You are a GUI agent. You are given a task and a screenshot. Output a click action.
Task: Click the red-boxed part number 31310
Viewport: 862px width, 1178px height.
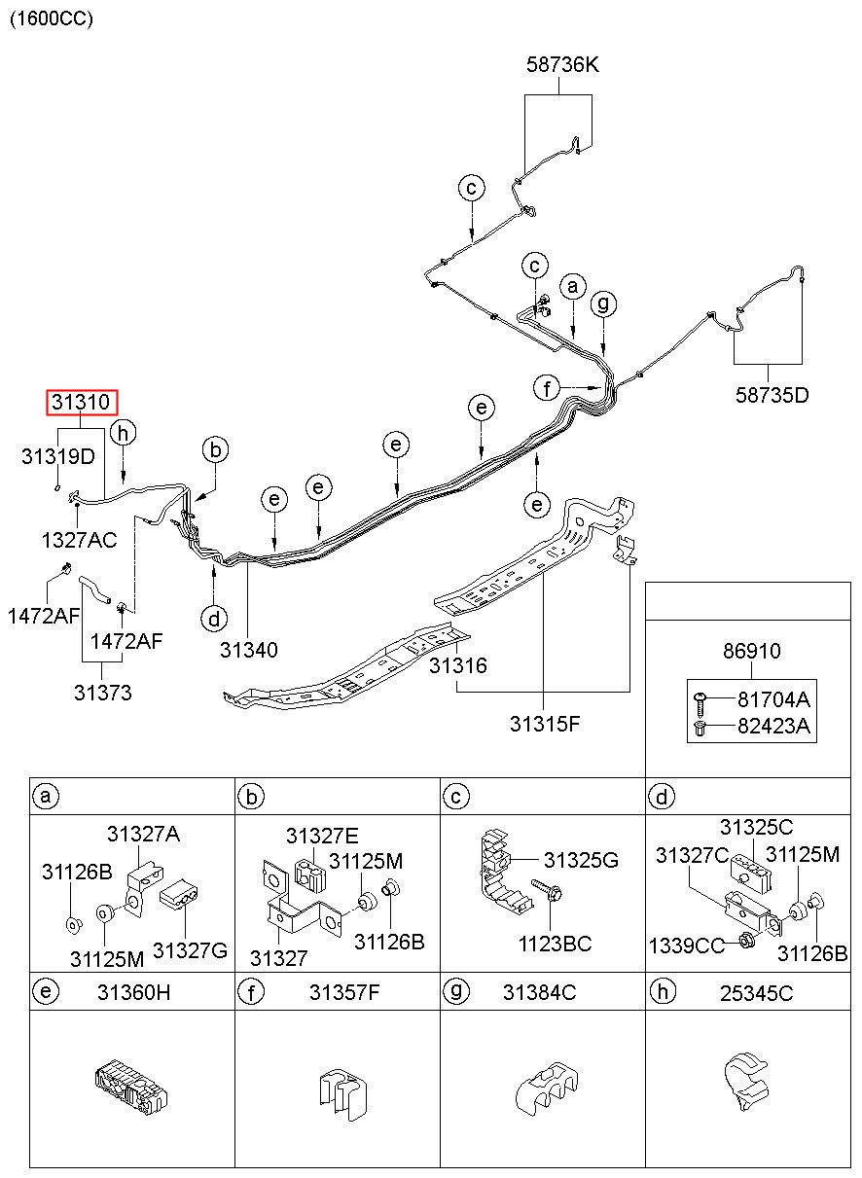coord(81,403)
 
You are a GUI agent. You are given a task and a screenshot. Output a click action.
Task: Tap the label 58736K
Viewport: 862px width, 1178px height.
coord(562,64)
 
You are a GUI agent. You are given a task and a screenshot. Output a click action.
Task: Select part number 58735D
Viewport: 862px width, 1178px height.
coord(772,395)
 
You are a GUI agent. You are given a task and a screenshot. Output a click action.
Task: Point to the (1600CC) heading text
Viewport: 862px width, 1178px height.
coord(52,18)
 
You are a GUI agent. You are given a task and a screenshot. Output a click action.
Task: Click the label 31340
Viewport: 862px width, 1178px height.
coord(249,650)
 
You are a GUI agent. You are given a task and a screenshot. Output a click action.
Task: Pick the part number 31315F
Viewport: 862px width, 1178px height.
coord(545,724)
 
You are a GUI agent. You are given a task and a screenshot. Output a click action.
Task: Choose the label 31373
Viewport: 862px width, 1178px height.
coord(103,693)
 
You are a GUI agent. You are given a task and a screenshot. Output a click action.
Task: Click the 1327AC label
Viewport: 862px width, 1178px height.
coord(80,540)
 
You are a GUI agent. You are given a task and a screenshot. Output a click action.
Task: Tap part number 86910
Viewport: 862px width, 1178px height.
coord(751,651)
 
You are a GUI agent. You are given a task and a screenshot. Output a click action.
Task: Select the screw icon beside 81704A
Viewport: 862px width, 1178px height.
coord(700,702)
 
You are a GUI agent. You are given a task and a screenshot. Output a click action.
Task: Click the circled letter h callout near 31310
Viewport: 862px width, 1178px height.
coord(123,433)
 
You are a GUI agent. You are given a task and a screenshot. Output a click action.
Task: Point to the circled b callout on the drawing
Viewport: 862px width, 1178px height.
coord(216,450)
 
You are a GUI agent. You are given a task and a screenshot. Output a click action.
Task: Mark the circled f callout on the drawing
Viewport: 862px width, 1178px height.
coord(547,389)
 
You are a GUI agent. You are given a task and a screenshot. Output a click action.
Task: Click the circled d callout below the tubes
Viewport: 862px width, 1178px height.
coord(214,619)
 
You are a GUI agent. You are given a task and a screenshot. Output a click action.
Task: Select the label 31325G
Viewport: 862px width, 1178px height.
coord(581,860)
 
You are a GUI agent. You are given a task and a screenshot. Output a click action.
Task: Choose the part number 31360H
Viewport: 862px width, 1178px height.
coord(134,992)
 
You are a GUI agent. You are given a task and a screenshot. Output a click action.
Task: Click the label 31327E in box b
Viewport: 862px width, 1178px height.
coord(322,836)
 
